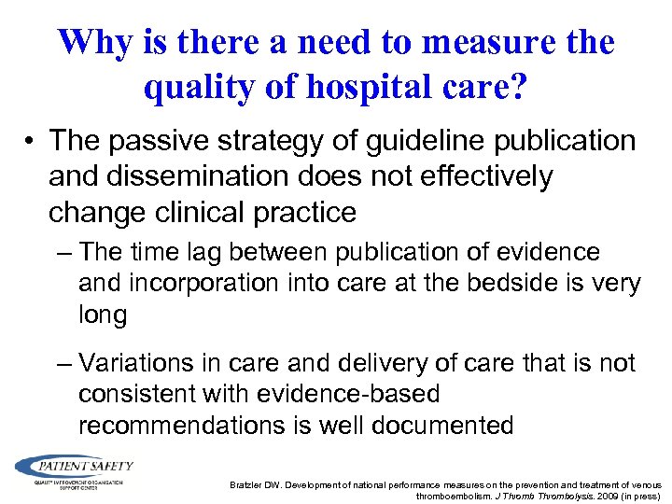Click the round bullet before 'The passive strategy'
click(x=32, y=142)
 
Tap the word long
click(x=103, y=315)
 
